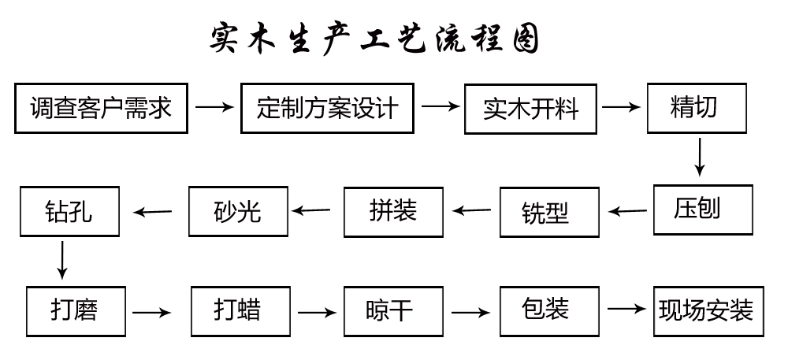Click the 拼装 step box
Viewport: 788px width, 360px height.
[392, 211]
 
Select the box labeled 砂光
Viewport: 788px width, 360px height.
[237, 211]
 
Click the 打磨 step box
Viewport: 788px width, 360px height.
[76, 312]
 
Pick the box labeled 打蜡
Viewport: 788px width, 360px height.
[237, 311]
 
